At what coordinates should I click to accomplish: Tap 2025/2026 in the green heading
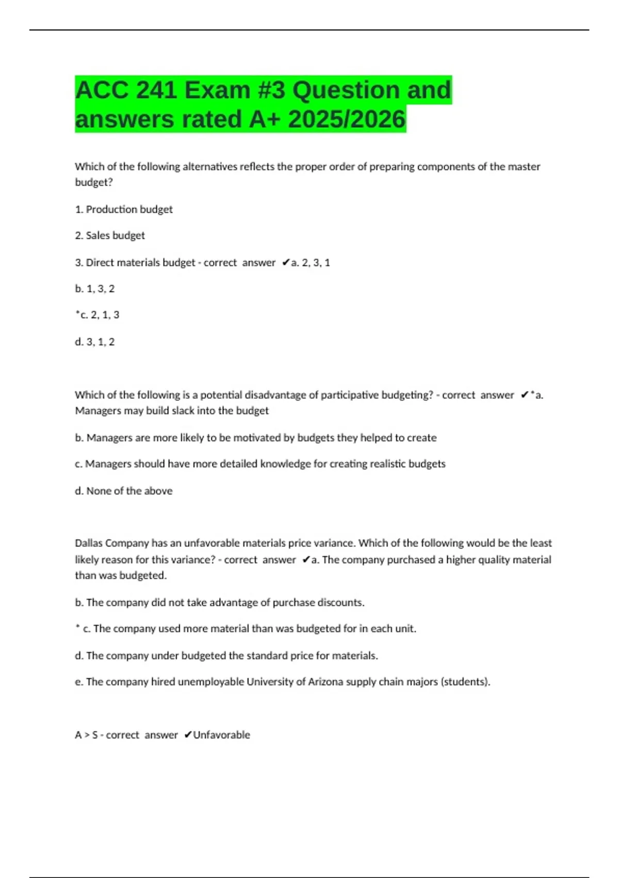(x=347, y=119)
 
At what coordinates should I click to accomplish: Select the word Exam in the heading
(x=217, y=90)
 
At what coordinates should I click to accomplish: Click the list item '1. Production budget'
(x=124, y=209)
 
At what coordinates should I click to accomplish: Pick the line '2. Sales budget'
(x=110, y=236)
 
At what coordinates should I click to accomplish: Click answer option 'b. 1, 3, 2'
(x=95, y=289)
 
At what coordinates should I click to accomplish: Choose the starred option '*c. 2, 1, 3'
(x=97, y=315)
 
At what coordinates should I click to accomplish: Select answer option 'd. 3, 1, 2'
(x=95, y=342)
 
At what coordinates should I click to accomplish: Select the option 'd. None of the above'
(x=124, y=491)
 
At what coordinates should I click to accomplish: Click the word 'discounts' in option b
(x=340, y=603)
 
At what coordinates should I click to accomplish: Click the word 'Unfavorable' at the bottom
(x=221, y=735)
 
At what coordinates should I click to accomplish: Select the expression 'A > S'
(x=86, y=735)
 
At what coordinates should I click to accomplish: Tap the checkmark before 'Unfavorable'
(x=188, y=735)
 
